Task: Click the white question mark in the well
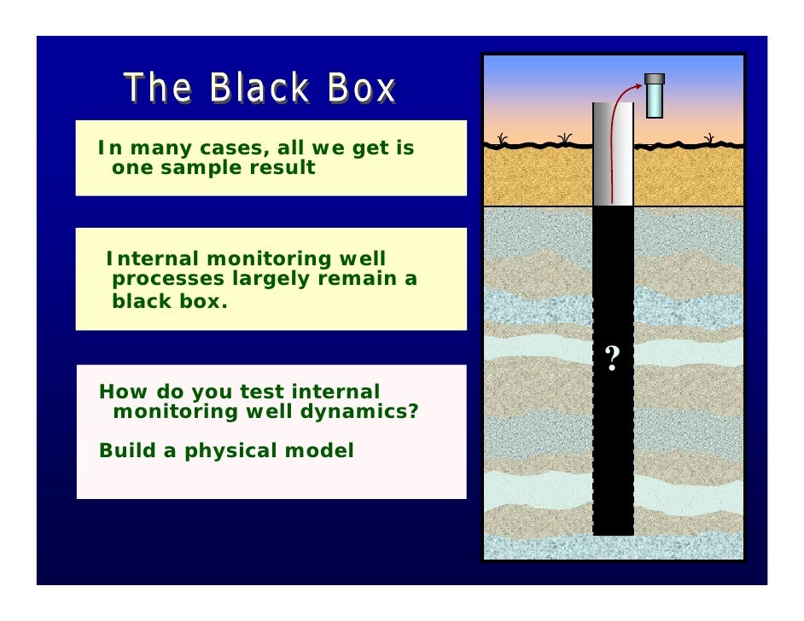tap(612, 359)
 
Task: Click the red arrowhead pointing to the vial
tap(638, 85)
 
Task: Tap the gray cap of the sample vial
tap(654, 79)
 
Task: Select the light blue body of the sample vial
tap(654, 101)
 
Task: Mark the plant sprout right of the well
tap(708, 138)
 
